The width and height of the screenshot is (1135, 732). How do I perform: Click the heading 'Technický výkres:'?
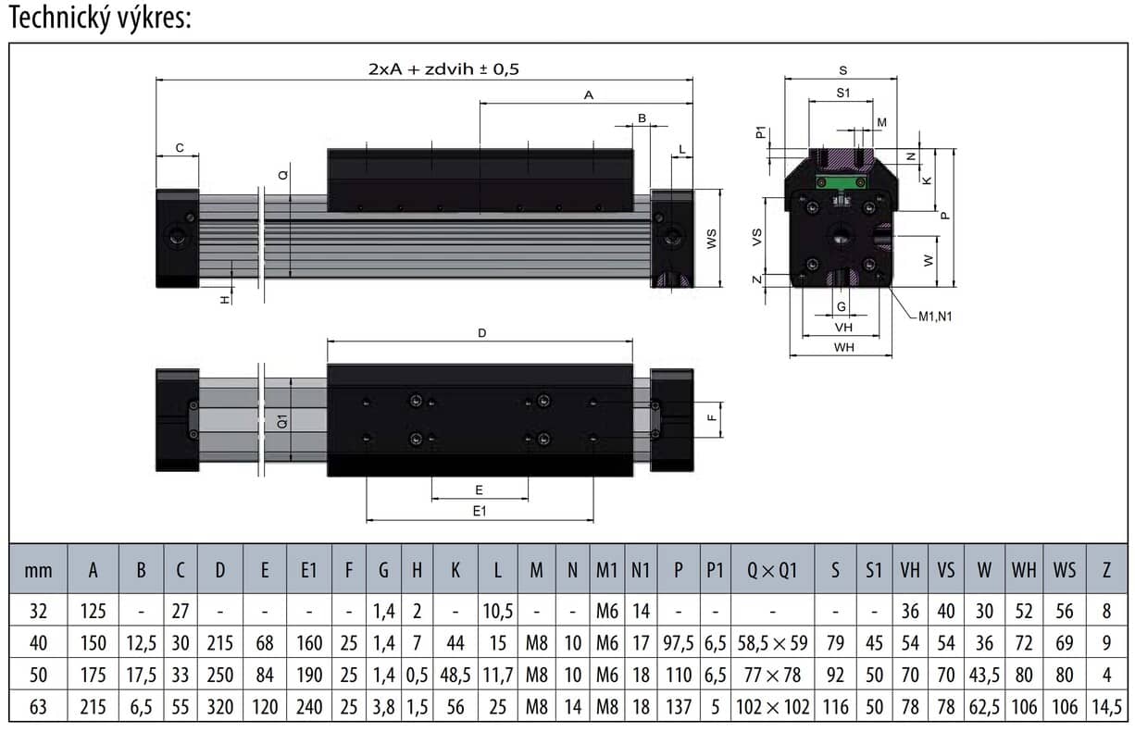(100, 19)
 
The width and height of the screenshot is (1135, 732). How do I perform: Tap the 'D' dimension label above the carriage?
(481, 332)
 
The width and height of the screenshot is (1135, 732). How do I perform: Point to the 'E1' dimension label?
(479, 510)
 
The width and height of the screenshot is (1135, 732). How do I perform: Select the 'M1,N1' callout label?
(935, 316)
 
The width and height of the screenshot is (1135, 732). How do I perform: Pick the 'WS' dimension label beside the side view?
(711, 239)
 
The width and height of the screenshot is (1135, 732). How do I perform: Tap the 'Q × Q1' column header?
(771, 570)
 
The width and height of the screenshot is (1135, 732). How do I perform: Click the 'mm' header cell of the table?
(38, 570)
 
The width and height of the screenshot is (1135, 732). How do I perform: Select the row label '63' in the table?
(38, 708)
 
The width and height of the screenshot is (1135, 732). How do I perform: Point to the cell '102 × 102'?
(771, 708)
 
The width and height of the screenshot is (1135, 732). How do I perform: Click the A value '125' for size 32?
(93, 610)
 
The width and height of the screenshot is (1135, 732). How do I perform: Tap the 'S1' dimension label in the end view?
(842, 93)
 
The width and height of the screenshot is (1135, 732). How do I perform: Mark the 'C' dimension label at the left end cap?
(180, 147)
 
